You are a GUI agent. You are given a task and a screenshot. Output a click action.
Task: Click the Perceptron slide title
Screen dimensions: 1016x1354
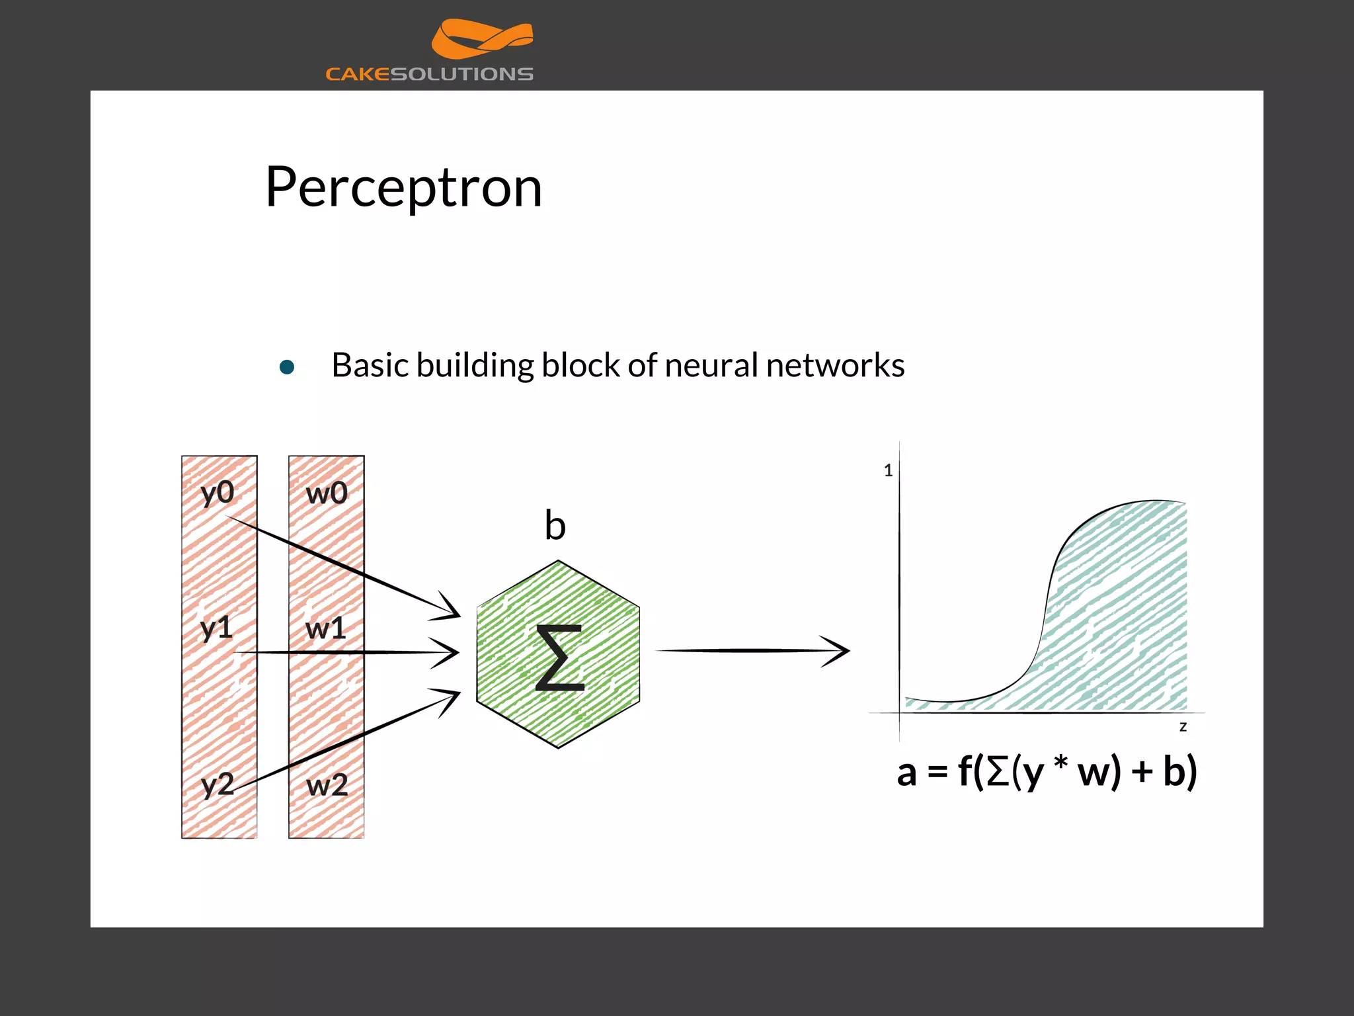click(x=403, y=188)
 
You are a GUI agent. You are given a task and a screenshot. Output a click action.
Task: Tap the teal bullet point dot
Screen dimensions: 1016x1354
click(x=287, y=367)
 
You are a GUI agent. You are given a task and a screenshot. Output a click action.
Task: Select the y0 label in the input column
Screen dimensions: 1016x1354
click(x=218, y=493)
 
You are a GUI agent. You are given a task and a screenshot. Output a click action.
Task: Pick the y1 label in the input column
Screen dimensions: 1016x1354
click(x=217, y=628)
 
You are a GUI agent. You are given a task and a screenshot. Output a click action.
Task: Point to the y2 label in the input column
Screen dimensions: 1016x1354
click(x=218, y=785)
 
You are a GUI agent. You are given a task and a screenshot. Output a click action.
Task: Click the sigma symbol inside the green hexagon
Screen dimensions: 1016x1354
click(x=559, y=657)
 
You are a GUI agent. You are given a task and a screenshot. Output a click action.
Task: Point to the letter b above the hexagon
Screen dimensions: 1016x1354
click(x=555, y=526)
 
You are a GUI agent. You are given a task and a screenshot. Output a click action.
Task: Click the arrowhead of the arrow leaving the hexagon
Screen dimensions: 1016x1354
click(x=838, y=651)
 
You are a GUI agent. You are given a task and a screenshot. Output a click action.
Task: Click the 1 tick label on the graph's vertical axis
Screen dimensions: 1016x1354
click(x=888, y=471)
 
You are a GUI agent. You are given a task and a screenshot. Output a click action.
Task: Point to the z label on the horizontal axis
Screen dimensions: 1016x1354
click(x=1183, y=727)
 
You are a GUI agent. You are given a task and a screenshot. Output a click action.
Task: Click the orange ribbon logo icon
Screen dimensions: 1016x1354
click(x=482, y=38)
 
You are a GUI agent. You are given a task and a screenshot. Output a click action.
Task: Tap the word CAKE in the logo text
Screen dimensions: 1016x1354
click(x=358, y=74)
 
